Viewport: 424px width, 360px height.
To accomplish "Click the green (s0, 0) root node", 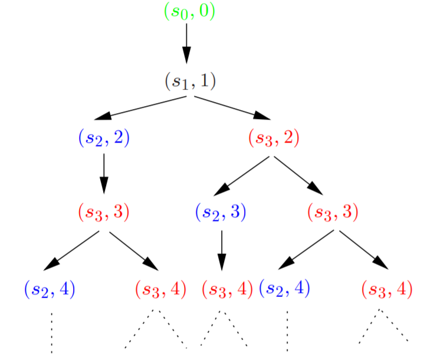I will [189, 12].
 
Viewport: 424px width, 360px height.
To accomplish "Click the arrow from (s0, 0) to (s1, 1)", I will [188, 42].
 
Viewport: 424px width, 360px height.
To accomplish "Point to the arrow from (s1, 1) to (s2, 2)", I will [145, 107].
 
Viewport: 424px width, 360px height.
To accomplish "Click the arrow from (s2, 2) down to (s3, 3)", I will [104, 173].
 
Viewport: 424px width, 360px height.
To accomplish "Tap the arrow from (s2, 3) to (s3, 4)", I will [222, 249].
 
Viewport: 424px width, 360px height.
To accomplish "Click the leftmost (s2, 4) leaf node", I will [50, 289].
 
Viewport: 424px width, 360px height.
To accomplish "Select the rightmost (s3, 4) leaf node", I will [386, 289].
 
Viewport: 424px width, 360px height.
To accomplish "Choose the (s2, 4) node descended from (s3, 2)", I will [285, 289].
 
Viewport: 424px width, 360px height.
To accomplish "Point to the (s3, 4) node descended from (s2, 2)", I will [160, 289].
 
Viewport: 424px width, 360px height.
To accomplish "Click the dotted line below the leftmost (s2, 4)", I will [52, 331].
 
